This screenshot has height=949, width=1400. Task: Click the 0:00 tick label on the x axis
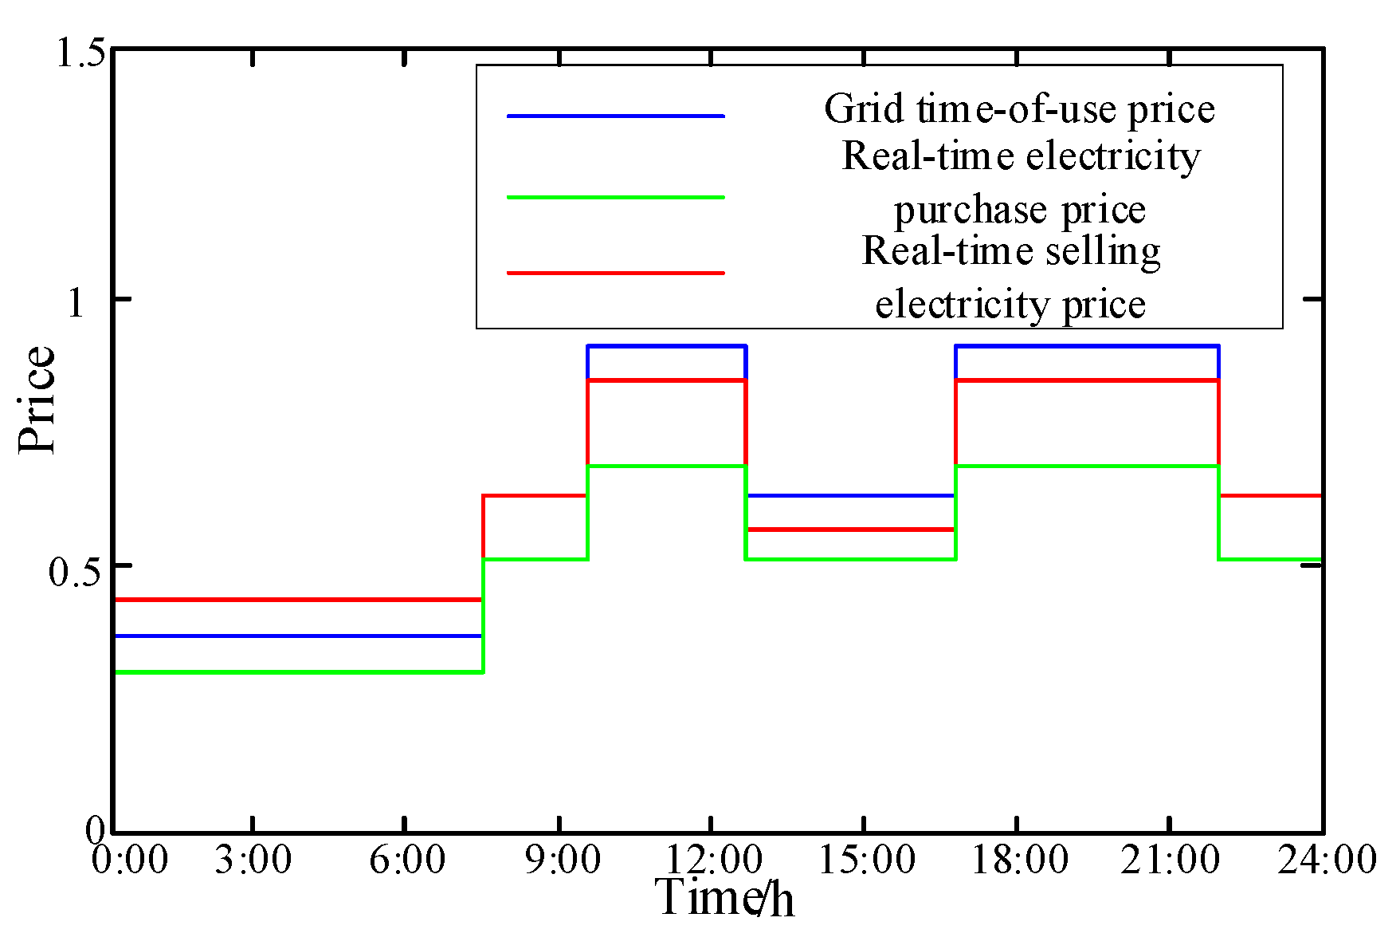pos(129,860)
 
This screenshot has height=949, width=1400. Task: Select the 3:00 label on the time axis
pos(253,860)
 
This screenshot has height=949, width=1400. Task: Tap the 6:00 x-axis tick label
pos(406,860)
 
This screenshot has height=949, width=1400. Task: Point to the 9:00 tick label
pos(561,860)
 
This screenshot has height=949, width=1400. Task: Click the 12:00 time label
pos(712,860)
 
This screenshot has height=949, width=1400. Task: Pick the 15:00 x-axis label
pos(866,860)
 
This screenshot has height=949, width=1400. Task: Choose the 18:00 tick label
pos(1019,860)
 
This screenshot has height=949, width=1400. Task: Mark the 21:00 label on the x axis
pos(1170,860)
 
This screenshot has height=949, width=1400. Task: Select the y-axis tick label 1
pos(76,302)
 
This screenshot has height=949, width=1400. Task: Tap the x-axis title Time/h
pos(724,898)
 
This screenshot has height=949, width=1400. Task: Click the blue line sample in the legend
pos(615,116)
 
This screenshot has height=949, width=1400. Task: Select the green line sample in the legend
pos(615,197)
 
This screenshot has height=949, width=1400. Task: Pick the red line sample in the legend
pos(615,273)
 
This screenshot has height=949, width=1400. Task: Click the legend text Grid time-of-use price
pos(1019,109)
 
